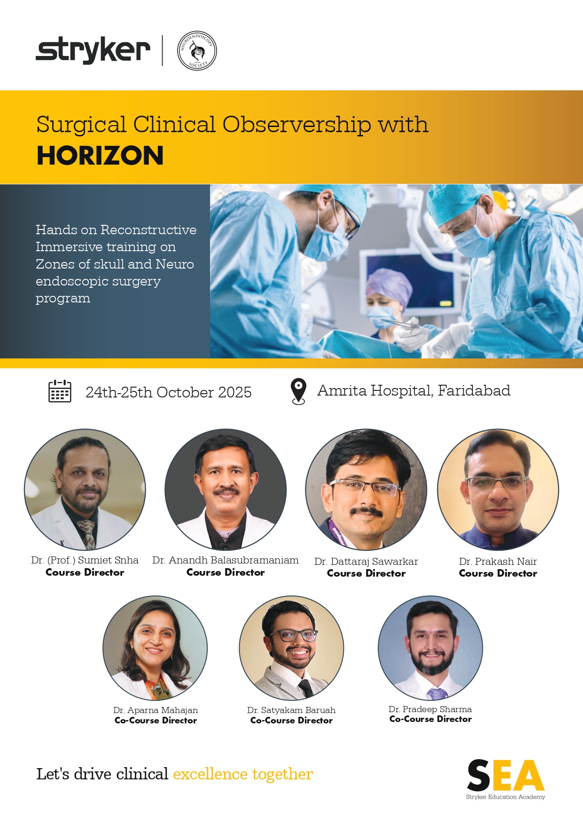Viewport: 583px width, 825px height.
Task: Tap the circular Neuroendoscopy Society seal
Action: pos(197,51)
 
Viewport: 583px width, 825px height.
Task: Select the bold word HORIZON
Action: pos(100,156)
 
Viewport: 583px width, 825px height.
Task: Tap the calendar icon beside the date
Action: pos(60,391)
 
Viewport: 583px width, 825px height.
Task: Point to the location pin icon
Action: pos(298,391)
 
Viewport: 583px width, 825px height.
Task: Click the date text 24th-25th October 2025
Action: pos(168,392)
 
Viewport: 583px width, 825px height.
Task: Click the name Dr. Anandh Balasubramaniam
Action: pos(225,560)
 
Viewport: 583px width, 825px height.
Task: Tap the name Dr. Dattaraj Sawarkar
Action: pos(366,562)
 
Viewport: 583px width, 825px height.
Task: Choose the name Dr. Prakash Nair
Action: pos(497,562)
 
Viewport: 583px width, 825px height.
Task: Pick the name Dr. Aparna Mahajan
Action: pos(155,710)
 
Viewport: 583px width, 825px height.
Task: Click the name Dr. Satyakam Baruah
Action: pos(291,710)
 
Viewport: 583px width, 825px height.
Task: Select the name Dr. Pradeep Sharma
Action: pos(430,709)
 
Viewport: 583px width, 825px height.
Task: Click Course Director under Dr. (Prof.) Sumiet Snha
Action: pos(85,572)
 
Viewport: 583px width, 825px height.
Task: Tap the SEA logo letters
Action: pos(505,775)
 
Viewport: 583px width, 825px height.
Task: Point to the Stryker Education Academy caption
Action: pos(505,797)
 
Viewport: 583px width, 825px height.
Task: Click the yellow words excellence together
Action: pos(243,774)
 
